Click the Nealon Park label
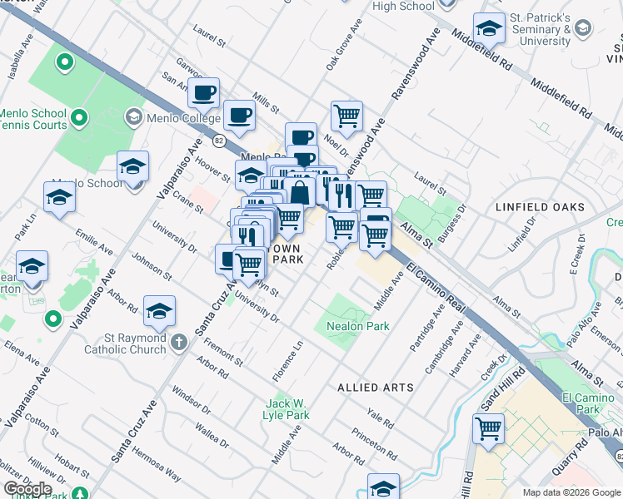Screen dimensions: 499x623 (358, 327)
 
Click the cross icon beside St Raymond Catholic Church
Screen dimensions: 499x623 (178, 342)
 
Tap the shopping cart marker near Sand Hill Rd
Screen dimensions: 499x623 (488, 429)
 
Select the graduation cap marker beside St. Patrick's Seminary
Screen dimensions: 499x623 (490, 29)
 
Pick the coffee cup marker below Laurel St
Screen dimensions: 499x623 (204, 94)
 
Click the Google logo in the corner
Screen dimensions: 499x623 (27, 488)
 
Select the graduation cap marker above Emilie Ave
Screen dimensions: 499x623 (60, 198)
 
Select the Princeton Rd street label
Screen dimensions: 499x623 (373, 443)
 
